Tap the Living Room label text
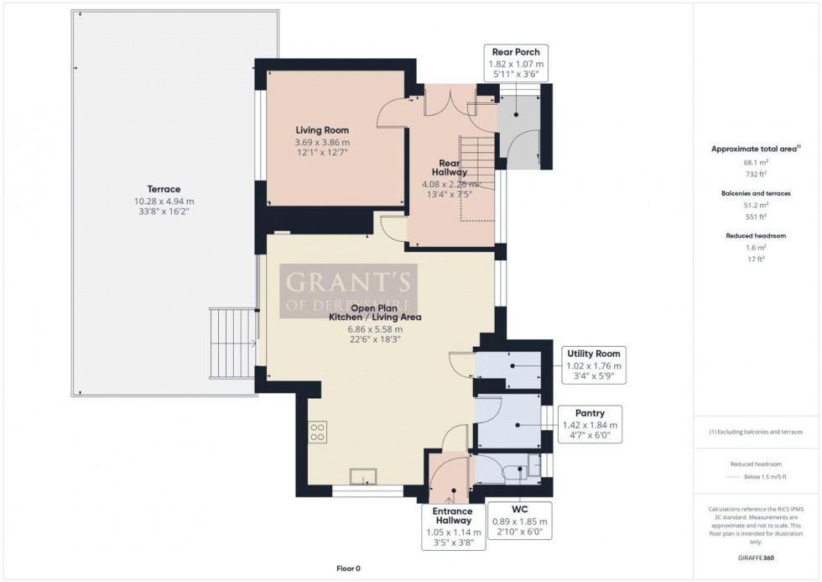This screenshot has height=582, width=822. pyautogui.click(x=322, y=130)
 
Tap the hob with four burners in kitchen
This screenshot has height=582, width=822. pyautogui.click(x=318, y=432)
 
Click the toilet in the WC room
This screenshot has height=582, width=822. pyautogui.click(x=533, y=464)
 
